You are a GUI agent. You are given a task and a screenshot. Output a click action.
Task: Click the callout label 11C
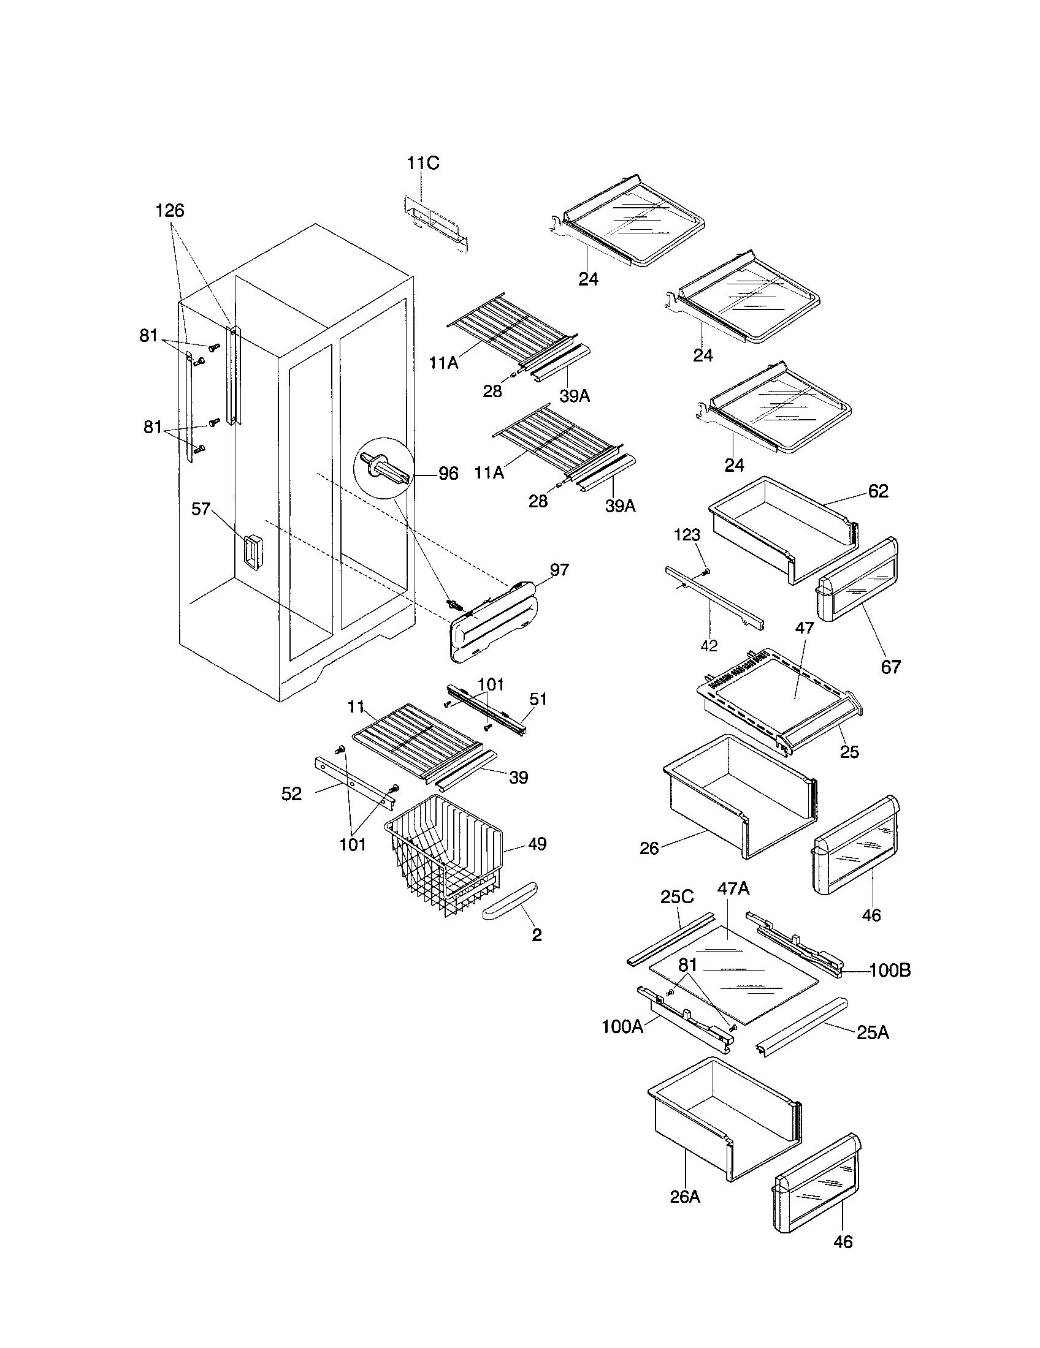(423, 164)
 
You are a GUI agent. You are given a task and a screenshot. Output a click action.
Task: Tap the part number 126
(169, 211)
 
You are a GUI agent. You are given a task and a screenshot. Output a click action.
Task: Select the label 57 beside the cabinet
(201, 509)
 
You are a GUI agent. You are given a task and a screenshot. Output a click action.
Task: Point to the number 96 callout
(448, 474)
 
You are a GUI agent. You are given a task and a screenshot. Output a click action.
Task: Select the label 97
(559, 570)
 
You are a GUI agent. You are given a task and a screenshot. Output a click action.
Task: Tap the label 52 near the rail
(291, 793)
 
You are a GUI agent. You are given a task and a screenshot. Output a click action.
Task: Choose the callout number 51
(538, 699)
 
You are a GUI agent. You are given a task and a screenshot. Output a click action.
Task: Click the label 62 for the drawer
(877, 491)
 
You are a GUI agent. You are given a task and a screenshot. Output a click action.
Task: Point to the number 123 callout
(687, 535)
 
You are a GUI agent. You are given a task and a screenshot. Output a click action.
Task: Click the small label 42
(709, 646)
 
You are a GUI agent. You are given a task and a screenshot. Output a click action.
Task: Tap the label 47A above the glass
(733, 889)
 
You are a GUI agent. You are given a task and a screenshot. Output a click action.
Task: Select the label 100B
(890, 971)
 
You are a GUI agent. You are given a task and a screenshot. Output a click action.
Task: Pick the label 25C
(677, 897)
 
